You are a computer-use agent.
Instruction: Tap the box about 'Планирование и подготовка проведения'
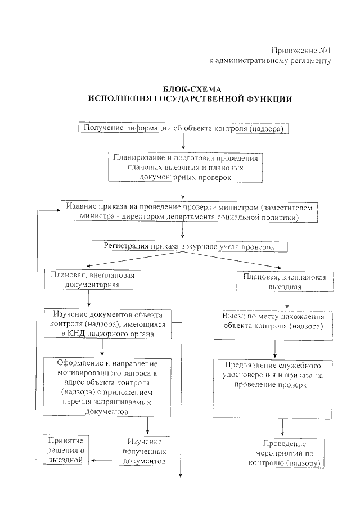tap(186, 167)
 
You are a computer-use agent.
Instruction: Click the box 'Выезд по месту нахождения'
tap(273, 321)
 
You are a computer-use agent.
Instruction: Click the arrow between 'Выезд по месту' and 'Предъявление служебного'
tap(274, 347)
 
